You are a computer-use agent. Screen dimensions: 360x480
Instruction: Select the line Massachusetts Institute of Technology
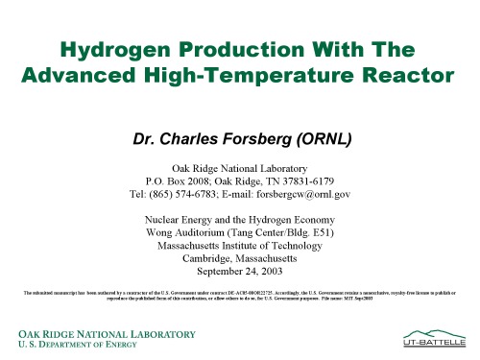240,245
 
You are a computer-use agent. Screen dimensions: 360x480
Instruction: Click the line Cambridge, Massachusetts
240,258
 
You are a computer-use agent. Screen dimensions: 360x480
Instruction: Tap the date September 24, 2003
240,272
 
